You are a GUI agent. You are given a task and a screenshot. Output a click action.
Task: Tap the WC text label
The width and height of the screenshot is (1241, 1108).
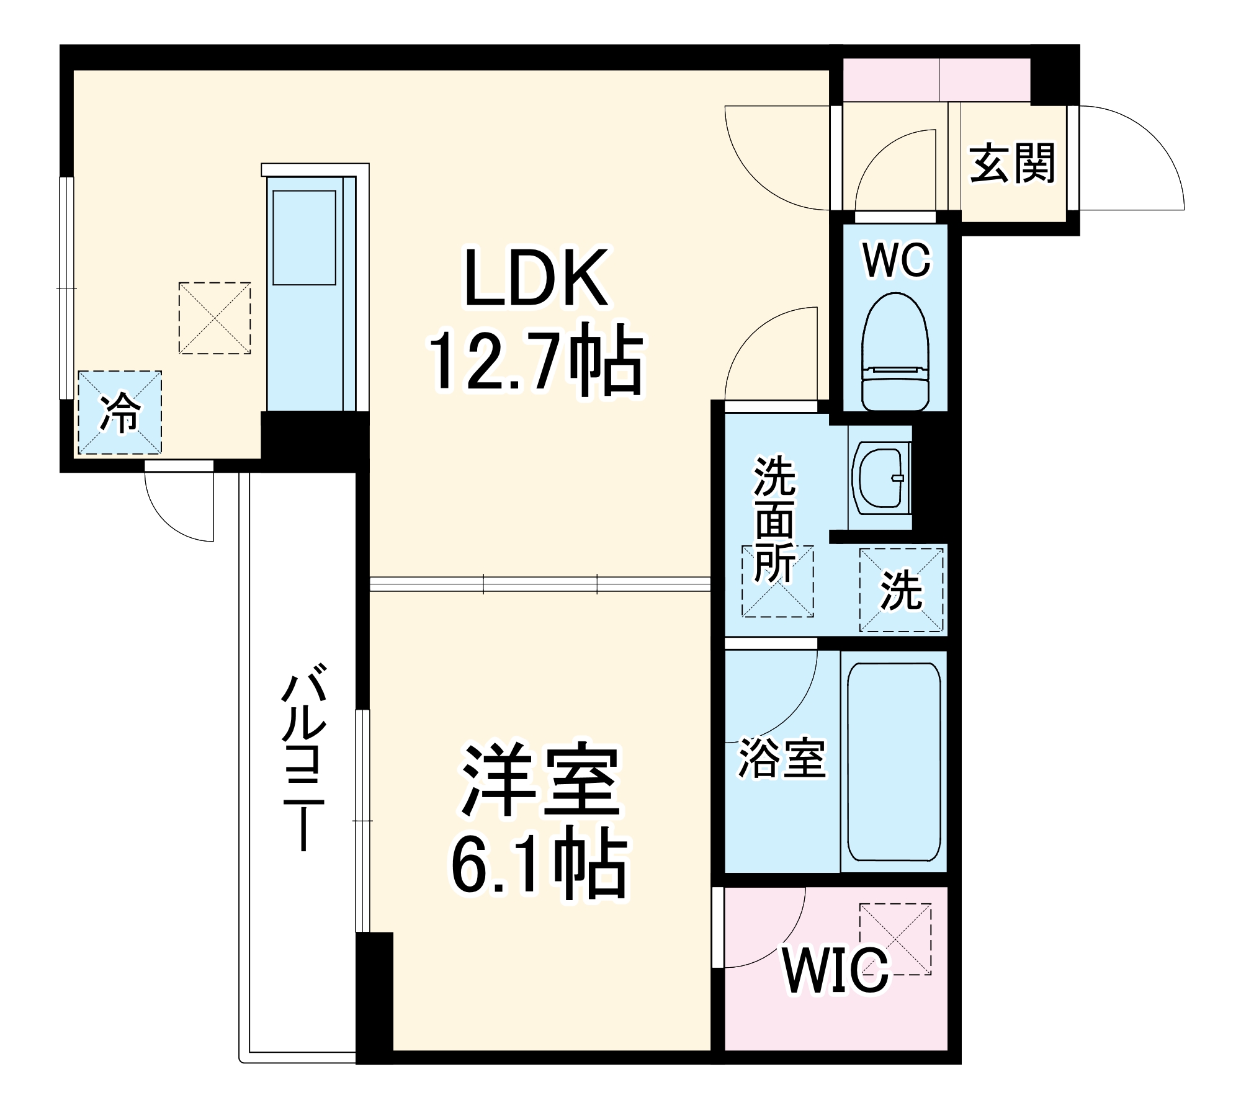[897, 261]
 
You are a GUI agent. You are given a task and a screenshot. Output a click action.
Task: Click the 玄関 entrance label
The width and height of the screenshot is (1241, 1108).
[1012, 164]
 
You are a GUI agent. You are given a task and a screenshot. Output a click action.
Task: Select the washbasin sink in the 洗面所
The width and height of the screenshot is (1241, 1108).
[880, 478]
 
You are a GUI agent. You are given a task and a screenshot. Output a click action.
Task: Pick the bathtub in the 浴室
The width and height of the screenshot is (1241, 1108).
[894, 762]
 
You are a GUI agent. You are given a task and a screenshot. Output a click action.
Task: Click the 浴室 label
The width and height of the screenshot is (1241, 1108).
[782, 758]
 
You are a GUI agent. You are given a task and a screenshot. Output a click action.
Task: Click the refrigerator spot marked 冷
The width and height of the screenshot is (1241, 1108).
[120, 413]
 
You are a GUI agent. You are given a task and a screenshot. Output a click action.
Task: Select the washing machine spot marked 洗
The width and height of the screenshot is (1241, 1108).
[901, 590]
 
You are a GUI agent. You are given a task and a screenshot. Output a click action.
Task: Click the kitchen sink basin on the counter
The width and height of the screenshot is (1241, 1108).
[304, 238]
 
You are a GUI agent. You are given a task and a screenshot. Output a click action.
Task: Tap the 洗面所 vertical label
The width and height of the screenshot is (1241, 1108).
[774, 520]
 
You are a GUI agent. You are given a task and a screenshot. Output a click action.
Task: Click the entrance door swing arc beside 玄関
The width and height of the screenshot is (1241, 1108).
[1129, 161]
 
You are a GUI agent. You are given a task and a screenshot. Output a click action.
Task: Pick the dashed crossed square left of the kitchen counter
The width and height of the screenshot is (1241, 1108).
[215, 318]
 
